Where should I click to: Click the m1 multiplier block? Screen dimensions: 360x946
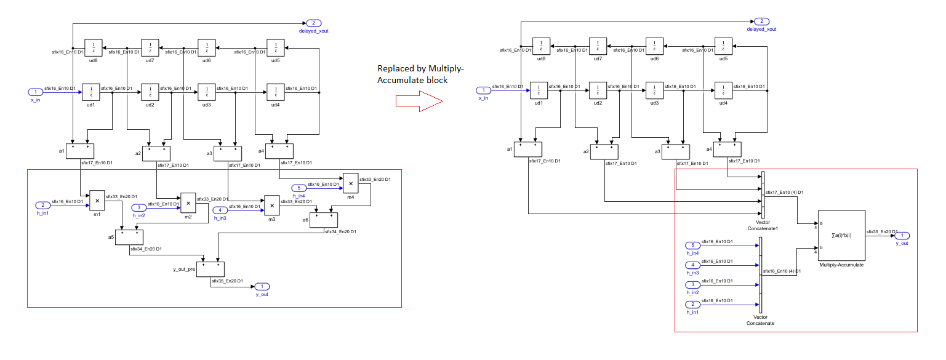tap(97, 199)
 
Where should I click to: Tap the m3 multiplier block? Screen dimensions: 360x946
tap(271, 204)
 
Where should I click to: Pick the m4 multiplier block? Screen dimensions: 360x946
tap(350, 182)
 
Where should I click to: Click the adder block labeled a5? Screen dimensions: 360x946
tap(130, 237)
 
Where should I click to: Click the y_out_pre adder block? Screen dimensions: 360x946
tap(210, 269)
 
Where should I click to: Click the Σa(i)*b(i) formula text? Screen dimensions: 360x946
tap(841, 236)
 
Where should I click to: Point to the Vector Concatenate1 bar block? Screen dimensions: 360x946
tap(762, 194)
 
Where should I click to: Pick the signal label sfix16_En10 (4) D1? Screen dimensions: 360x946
tap(781, 271)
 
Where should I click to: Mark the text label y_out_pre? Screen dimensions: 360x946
tap(184, 269)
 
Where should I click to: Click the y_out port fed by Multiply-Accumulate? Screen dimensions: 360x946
tap(902, 236)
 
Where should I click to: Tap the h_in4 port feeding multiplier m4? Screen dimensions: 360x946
tap(298, 188)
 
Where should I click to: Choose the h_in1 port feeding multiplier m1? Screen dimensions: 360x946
tap(42, 205)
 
